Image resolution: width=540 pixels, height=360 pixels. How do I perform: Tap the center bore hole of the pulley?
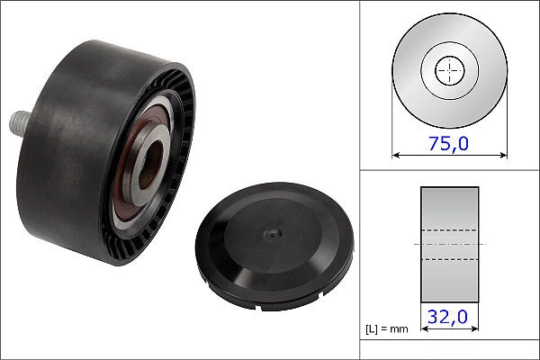[150, 165]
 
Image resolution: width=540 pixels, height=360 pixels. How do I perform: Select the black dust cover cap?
[274, 246]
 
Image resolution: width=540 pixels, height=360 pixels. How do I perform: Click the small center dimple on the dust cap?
[273, 234]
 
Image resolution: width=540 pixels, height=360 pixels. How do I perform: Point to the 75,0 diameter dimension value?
[448, 143]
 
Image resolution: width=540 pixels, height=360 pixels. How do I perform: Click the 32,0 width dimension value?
[447, 317]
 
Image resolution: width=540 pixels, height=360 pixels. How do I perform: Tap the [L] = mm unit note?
[387, 329]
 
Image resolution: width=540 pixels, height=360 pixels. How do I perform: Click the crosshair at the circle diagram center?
[449, 70]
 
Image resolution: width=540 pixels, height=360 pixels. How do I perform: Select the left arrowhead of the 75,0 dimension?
[396, 156]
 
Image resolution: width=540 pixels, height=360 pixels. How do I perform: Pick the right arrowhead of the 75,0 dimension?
[503, 156]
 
